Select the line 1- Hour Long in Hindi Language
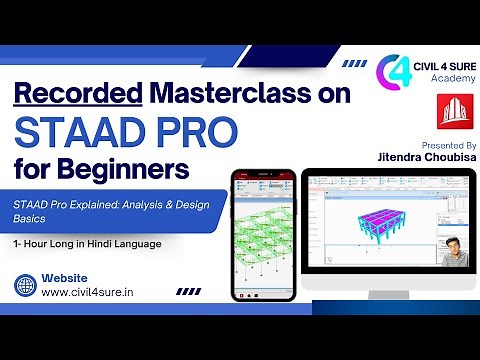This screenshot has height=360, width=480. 88,243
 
